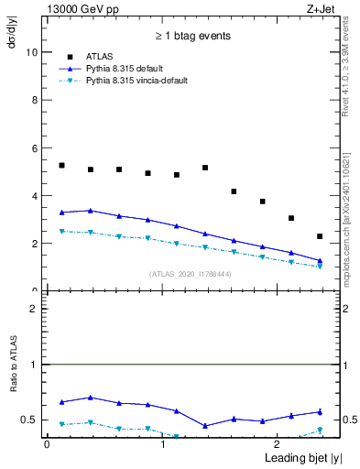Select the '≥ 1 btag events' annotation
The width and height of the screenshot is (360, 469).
pyautogui.click(x=191, y=37)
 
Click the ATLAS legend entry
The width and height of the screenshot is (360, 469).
pyautogui.click(x=100, y=56)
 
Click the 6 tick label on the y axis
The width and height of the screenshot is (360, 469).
pyautogui.click(x=34, y=148)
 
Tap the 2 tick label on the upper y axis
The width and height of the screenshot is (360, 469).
pyautogui.click(x=34, y=244)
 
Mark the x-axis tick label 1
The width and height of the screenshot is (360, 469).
pyautogui.click(x=163, y=445)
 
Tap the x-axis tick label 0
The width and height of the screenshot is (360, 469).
pyautogui.click(x=47, y=445)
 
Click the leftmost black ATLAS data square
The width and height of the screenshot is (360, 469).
pyautogui.click(x=61, y=165)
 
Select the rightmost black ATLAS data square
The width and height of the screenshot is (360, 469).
pyautogui.click(x=320, y=236)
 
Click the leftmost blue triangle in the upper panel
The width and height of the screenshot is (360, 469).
pyautogui.click(x=61, y=212)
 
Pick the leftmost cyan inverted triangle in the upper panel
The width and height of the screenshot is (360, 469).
pyautogui.click(x=61, y=232)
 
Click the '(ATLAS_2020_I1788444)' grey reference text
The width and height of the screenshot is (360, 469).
pyautogui.click(x=191, y=274)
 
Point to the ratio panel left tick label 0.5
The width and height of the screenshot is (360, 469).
pyautogui.click(x=31, y=420)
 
